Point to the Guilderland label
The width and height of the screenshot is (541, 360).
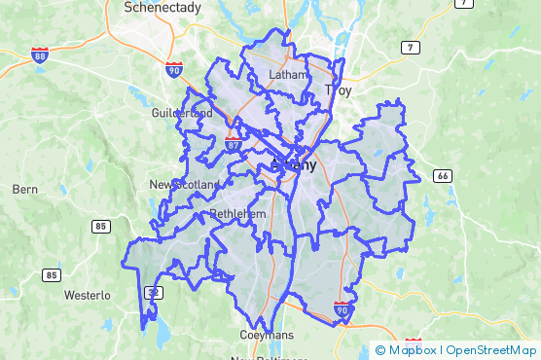(182, 113)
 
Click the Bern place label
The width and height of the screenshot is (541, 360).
(24, 190)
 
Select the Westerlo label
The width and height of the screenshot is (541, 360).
(87, 295)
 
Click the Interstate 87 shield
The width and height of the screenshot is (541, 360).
(234, 143)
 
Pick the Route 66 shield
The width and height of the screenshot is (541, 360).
(443, 175)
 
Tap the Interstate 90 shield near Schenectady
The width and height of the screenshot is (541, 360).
(173, 69)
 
